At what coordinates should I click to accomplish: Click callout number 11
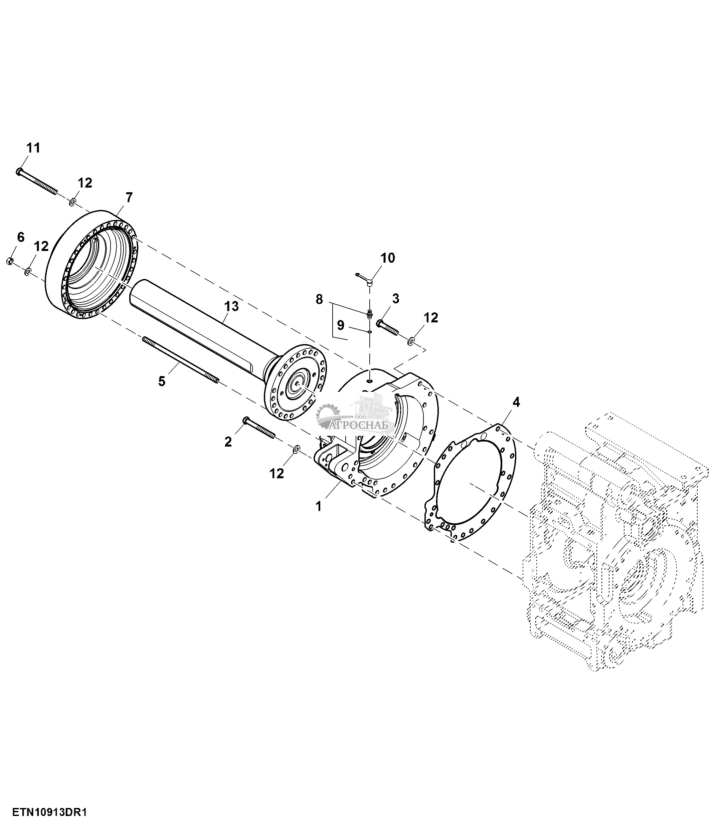click(x=33, y=148)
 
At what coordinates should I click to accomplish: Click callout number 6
click(x=20, y=237)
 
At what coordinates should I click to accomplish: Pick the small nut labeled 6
click(x=11, y=261)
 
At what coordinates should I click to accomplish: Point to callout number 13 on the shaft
click(x=231, y=306)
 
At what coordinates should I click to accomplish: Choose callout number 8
click(x=319, y=299)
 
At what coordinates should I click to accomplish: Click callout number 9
click(x=340, y=325)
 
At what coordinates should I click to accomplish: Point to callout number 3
click(x=395, y=298)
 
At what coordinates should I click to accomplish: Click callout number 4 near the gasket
click(x=516, y=402)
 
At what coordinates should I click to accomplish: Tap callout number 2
click(x=228, y=442)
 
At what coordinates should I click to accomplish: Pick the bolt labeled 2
click(x=259, y=428)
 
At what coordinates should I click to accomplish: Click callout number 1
click(x=318, y=507)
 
